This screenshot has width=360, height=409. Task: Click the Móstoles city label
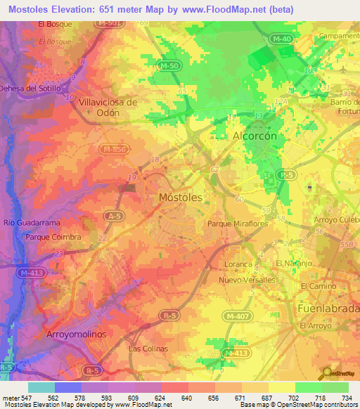[x=181, y=197]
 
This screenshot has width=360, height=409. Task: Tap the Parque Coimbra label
[x=53, y=237]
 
